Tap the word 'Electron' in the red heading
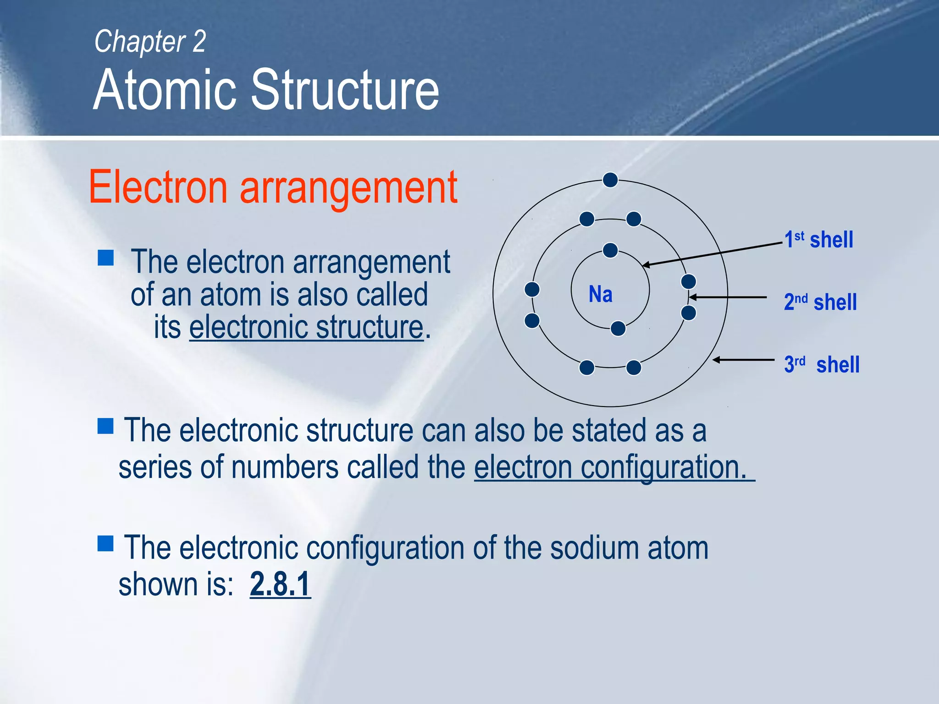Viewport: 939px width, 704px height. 158,188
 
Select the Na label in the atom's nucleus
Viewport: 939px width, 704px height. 600,294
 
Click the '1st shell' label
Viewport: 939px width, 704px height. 818,240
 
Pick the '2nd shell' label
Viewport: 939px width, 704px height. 820,302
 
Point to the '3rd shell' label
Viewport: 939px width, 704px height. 822,365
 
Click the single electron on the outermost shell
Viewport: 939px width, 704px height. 610,180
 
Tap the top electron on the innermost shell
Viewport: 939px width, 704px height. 610,250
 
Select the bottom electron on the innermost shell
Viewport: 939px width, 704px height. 618,329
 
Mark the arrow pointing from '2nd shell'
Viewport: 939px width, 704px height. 728,297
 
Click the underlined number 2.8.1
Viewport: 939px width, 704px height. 280,584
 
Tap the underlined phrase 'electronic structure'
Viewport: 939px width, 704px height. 306,327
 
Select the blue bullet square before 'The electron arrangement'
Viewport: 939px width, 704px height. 106,258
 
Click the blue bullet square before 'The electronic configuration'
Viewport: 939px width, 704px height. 106,544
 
